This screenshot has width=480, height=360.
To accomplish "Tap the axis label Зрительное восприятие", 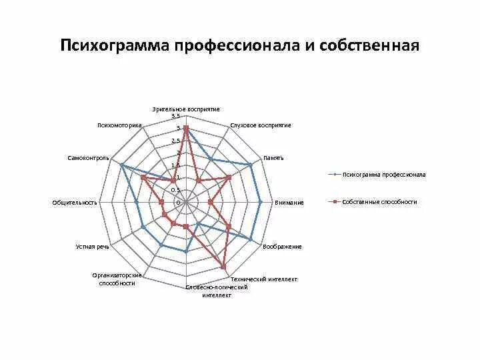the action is [186, 109].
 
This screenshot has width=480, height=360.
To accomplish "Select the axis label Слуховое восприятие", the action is [261, 125].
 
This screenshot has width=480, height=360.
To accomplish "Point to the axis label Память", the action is [273, 158].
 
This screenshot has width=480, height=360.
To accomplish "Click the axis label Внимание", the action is [289, 203].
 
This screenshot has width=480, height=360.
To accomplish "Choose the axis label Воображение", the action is [282, 247].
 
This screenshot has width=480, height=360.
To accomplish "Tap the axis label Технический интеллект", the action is [263, 279].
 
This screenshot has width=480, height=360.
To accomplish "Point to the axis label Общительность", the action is [75, 203].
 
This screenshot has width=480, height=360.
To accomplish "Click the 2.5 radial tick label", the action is [175, 141].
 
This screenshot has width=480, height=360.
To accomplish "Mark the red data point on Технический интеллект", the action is [223, 267].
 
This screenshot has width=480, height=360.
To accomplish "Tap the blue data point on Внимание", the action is [260, 202].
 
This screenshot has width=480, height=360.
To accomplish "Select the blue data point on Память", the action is [251, 165].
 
